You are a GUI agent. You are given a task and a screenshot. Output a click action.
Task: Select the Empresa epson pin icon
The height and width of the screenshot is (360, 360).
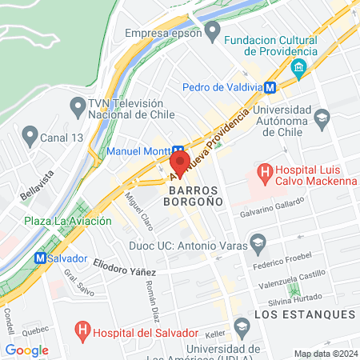(x=212, y=33)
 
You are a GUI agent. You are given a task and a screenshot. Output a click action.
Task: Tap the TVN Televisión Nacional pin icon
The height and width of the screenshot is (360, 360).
(x=78, y=105)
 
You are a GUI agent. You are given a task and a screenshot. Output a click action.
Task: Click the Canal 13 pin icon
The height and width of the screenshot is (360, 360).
(x=30, y=134)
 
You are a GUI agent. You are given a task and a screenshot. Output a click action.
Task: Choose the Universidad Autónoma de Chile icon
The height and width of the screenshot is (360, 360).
(x=322, y=117)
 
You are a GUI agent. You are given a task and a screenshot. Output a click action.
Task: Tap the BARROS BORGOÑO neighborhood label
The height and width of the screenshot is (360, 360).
(x=198, y=198)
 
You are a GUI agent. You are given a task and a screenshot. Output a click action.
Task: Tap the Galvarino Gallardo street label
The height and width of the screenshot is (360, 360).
(x=273, y=214)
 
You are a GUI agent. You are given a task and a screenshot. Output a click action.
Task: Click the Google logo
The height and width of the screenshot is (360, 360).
(x=26, y=350)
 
